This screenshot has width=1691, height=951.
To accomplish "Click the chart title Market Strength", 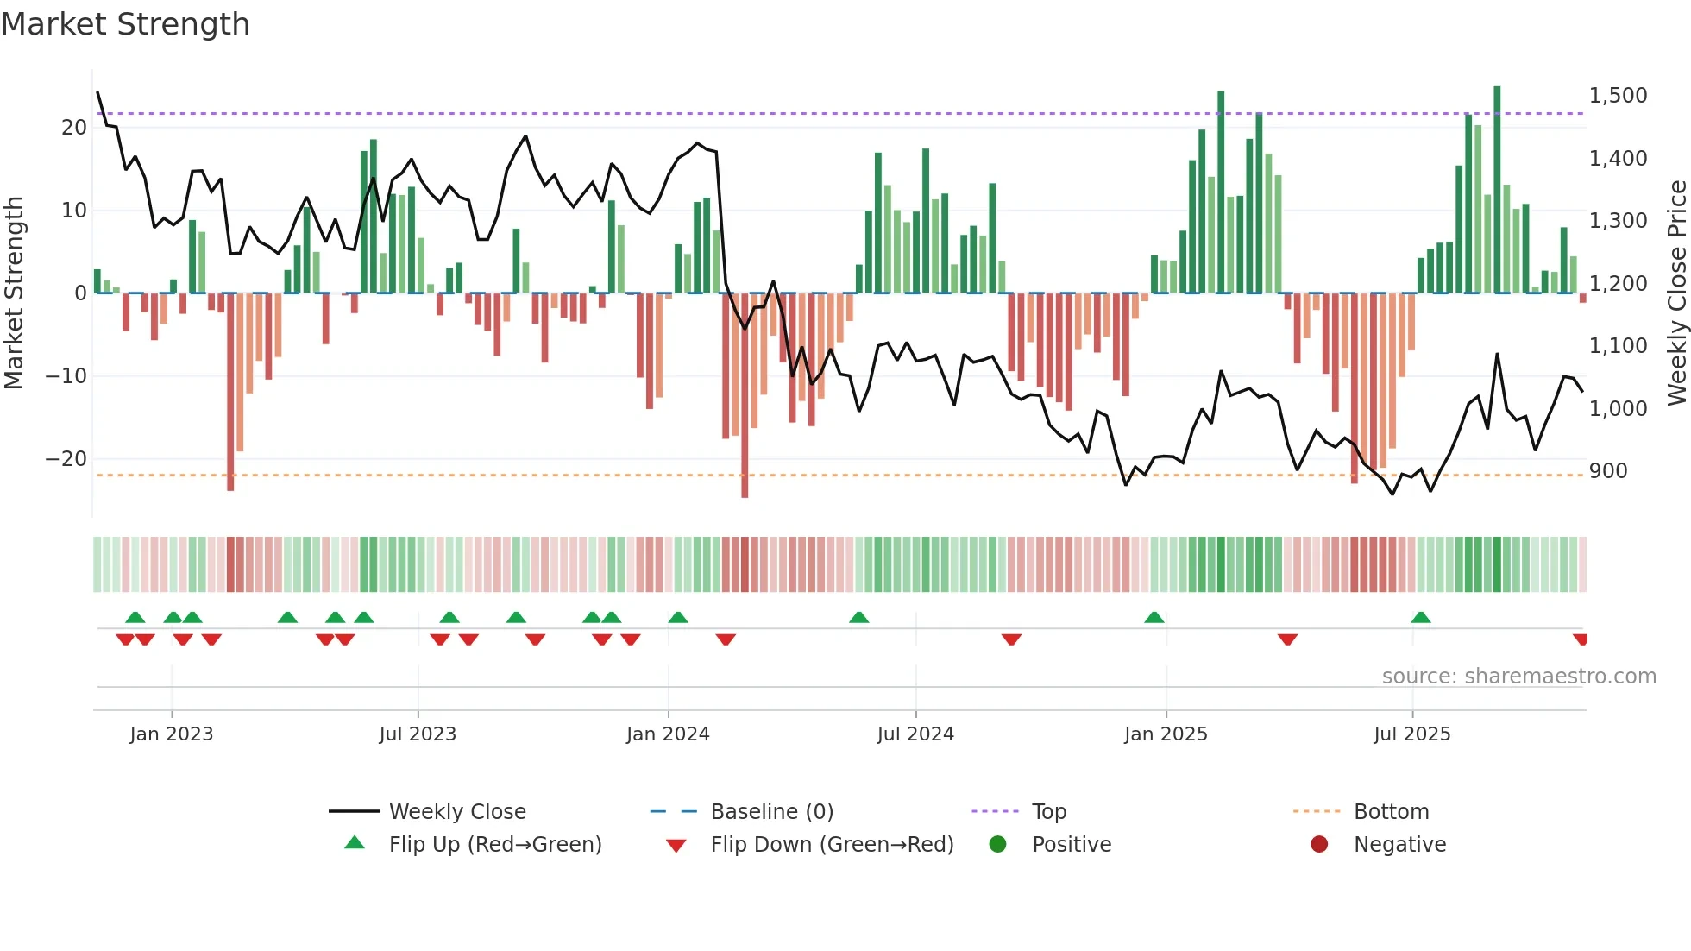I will [x=125, y=24].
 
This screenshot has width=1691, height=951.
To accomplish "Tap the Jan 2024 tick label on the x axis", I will [x=668, y=734].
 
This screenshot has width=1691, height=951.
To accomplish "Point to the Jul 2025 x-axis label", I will [x=1411, y=734].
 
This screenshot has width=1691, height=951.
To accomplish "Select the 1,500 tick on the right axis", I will [x=1618, y=95].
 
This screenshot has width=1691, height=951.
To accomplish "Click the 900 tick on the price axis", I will [x=1608, y=470].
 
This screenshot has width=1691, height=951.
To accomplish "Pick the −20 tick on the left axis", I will [x=66, y=458].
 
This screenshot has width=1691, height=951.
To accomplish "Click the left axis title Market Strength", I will [x=15, y=293].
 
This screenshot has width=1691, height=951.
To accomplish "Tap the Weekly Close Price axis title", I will [x=1676, y=293].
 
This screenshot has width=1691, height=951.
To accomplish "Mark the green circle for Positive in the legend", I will [x=997, y=844].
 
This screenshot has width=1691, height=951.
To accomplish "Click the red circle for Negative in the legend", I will [x=1319, y=844].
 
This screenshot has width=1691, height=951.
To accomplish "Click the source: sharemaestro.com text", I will [x=1518, y=676].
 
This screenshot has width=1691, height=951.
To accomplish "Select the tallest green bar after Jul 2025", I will [x=1497, y=190].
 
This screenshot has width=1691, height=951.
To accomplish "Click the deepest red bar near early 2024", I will [x=745, y=397].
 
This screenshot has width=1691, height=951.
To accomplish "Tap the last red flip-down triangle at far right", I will [x=1581, y=639].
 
